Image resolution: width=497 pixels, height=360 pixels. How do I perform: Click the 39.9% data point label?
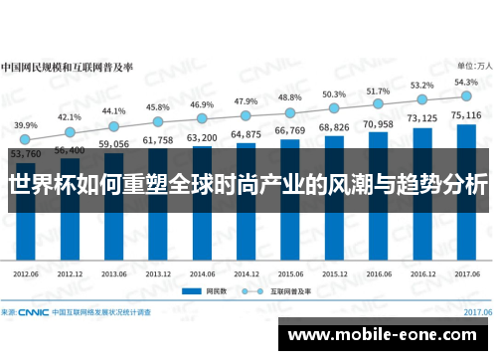(27, 125)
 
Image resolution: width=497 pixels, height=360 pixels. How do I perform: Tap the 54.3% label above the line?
(465, 82)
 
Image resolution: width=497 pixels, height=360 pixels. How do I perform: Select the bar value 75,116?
(465, 115)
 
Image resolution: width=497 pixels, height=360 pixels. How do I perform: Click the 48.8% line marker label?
(289, 97)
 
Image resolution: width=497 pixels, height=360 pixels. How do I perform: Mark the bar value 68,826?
(334, 128)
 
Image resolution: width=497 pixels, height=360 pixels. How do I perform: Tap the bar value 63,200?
(202, 137)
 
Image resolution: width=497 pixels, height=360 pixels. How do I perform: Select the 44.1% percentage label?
(114, 111)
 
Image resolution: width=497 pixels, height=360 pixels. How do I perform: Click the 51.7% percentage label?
(378, 90)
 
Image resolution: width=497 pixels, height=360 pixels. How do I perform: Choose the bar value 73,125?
(421, 119)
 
